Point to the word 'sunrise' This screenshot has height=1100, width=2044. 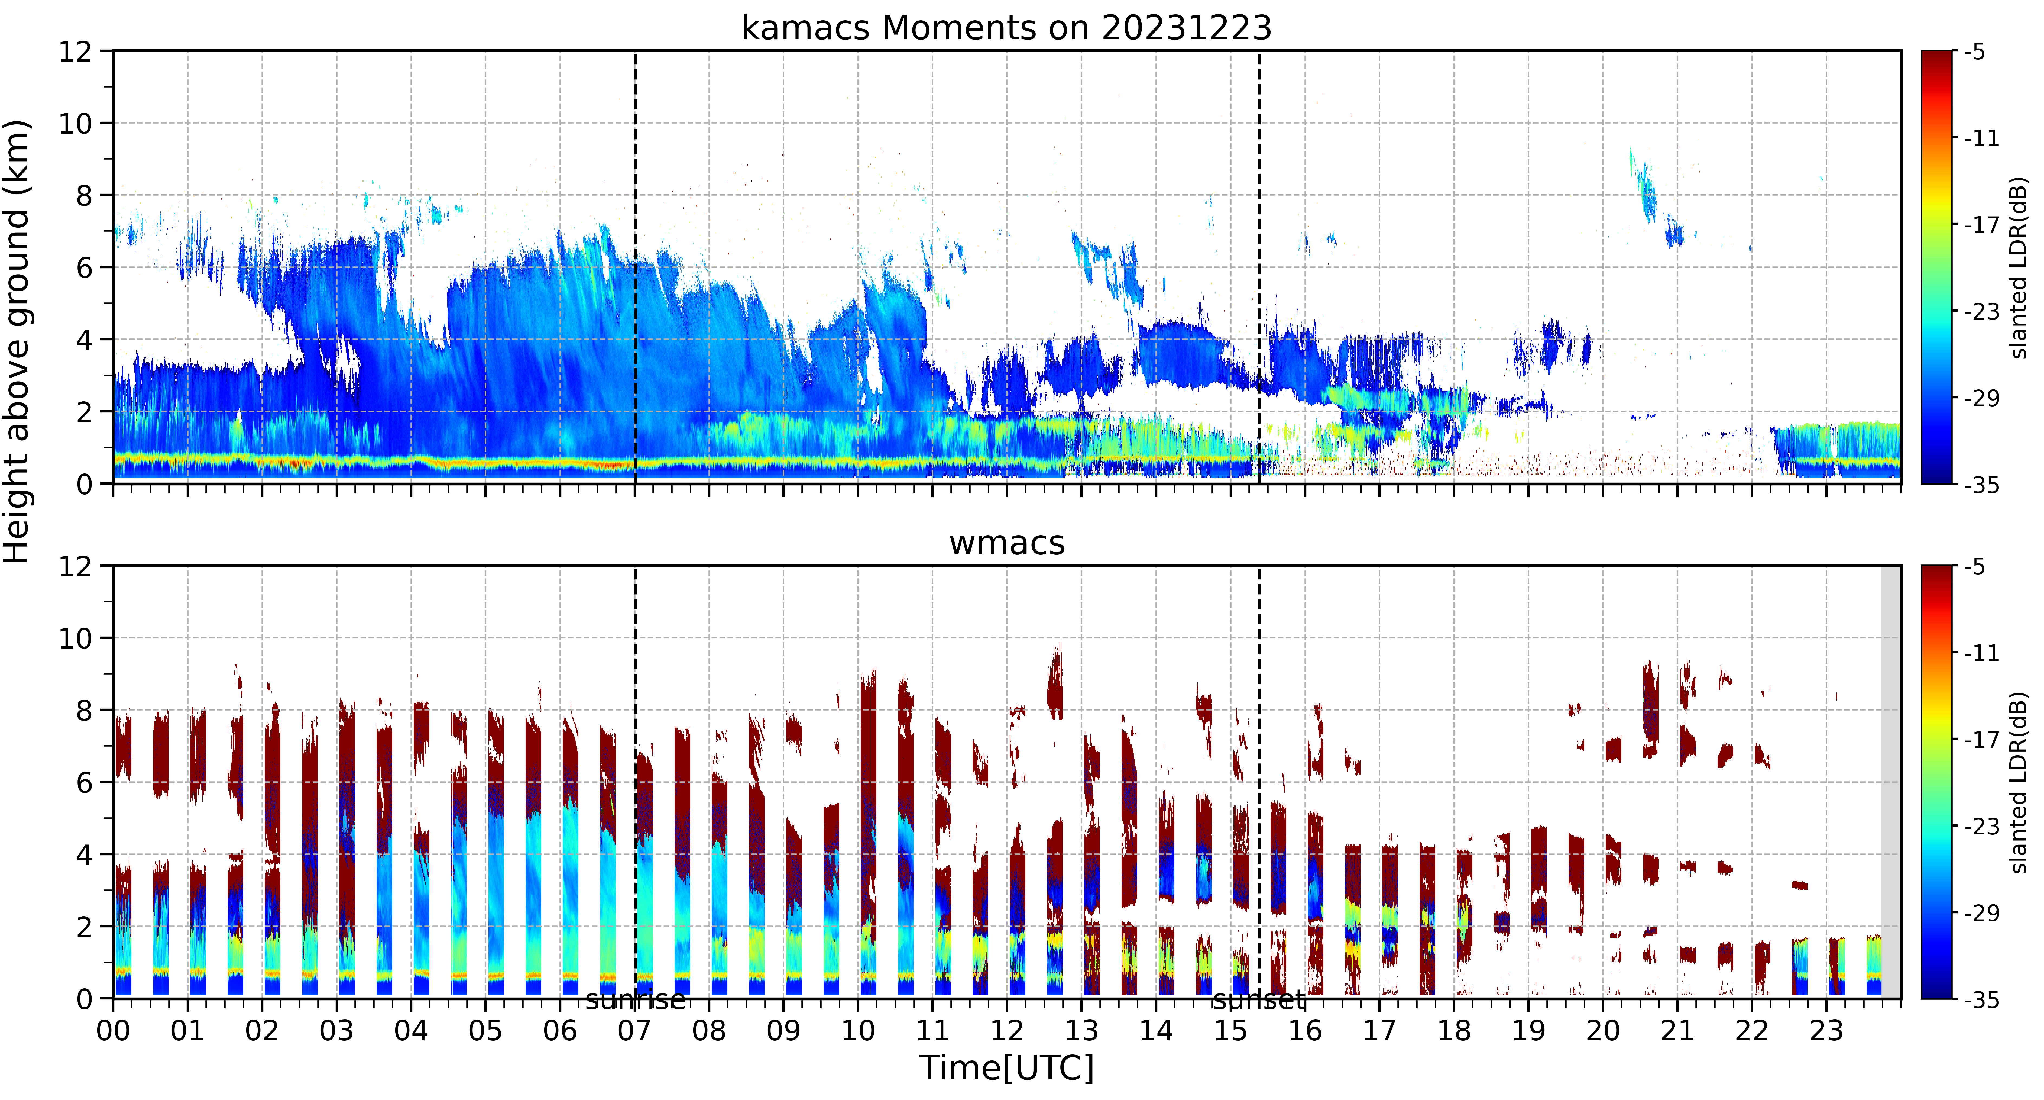point(636,1000)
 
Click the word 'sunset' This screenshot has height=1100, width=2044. point(1258,1000)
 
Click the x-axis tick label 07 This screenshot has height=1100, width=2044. point(635,1031)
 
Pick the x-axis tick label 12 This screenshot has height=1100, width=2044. point(1007,1031)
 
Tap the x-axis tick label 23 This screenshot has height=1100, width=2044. point(1826,1031)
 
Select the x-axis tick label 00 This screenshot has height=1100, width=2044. point(114,1031)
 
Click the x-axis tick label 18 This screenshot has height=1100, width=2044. point(1454,1031)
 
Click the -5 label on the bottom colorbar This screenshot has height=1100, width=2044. point(1975,567)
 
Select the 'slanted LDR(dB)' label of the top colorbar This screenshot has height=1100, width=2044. point(2019,267)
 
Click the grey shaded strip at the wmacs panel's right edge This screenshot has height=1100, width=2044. point(1891,782)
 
